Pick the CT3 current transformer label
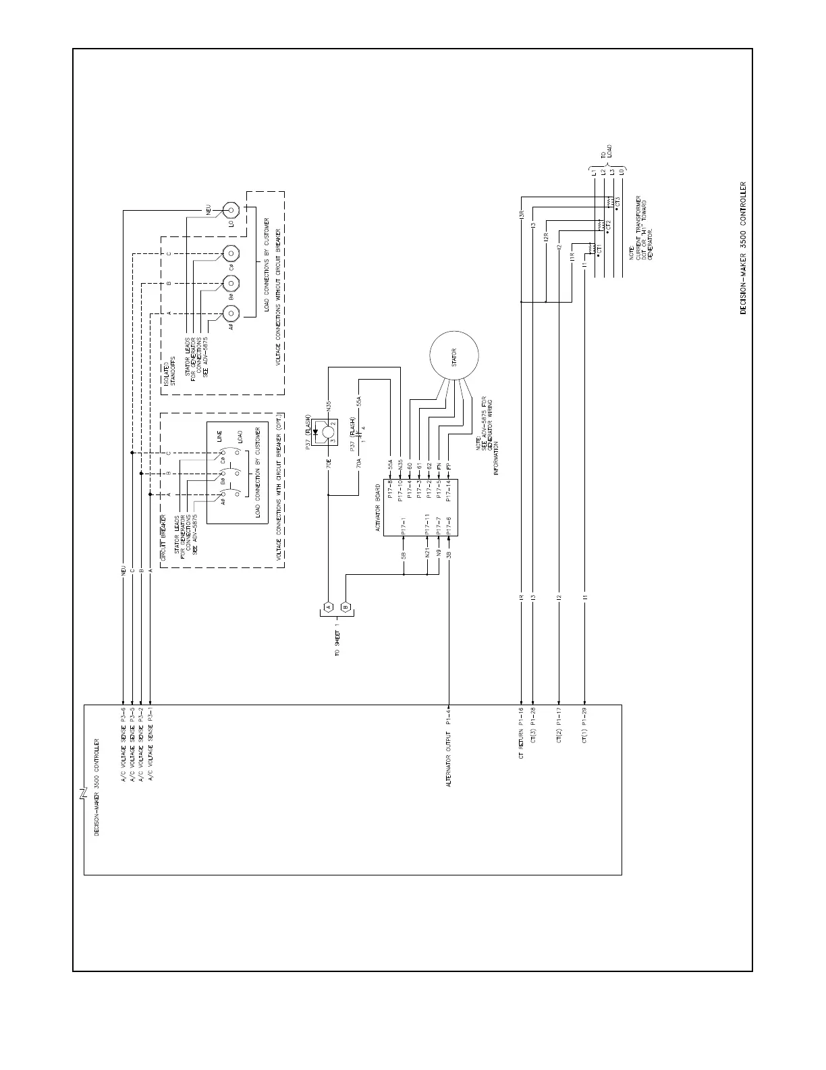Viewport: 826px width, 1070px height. click(x=617, y=202)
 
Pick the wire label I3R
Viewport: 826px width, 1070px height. click(x=522, y=215)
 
